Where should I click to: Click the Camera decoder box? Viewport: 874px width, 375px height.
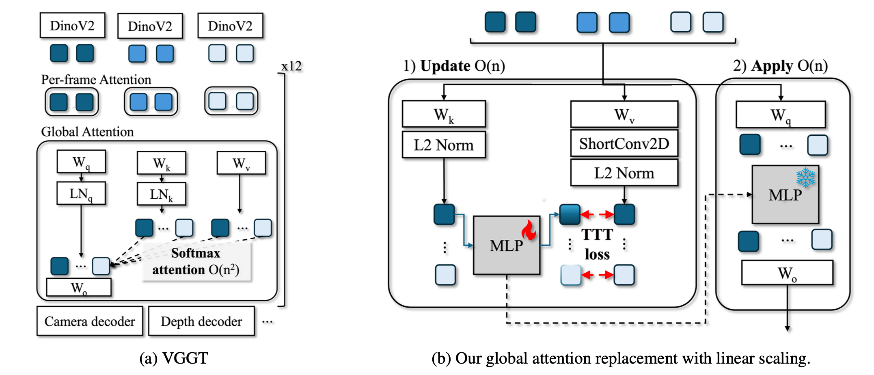point(90,321)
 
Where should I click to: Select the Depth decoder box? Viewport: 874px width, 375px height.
point(201,321)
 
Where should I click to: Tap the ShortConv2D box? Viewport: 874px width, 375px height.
point(624,143)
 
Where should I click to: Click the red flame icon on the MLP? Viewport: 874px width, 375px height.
point(529,230)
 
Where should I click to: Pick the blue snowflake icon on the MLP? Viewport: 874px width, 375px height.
point(805,178)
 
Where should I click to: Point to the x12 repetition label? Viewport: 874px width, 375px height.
point(291,66)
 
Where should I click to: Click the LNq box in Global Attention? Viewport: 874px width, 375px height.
point(81,193)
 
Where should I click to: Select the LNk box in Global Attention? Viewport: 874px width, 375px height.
point(161,194)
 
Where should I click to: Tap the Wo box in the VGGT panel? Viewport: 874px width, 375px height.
point(79,288)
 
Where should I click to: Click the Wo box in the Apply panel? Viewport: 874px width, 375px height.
point(787,273)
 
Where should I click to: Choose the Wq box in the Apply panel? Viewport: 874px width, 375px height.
point(781,115)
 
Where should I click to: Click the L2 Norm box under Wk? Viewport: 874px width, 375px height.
point(444,145)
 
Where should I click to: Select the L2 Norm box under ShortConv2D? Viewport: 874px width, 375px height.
point(624,173)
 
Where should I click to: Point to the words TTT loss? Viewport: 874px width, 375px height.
point(597,244)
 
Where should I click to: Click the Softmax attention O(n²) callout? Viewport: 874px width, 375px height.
point(196,262)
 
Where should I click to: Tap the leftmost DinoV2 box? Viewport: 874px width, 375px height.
point(72,26)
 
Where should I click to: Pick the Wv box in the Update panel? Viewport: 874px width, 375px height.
point(624,115)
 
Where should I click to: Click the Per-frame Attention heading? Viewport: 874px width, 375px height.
point(96,80)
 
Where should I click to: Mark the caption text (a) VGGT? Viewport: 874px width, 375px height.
point(174,358)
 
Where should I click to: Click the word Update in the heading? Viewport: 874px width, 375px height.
point(445,66)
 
